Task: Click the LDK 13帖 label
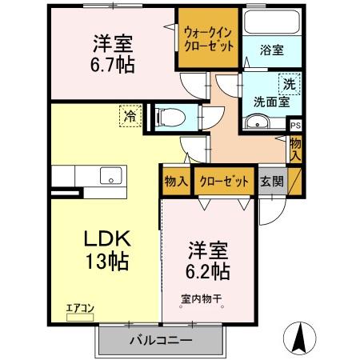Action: point(104,248)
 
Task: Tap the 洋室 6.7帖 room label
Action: point(112,54)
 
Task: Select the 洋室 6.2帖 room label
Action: point(209,259)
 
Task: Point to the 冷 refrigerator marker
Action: point(130,116)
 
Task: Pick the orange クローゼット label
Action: point(224,181)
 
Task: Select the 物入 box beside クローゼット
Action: point(176,181)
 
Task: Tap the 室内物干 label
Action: point(202,300)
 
